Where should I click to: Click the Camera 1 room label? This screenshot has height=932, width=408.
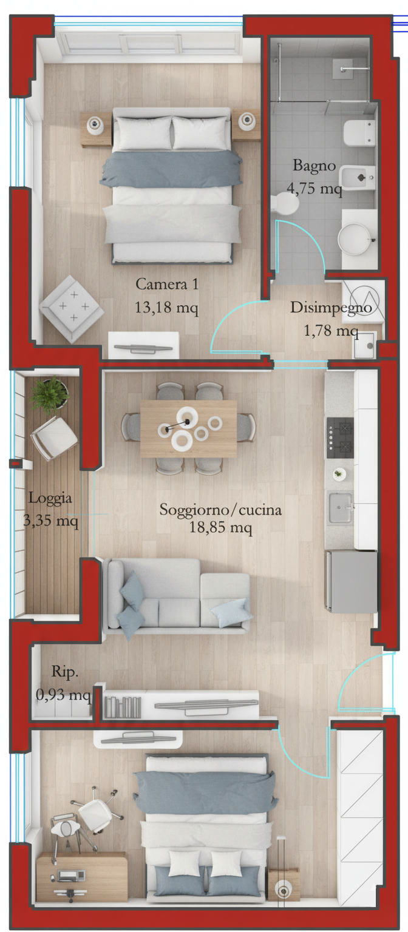[167, 284]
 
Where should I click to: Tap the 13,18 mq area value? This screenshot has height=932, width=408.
[166, 308]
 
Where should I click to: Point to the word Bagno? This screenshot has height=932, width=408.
[314, 166]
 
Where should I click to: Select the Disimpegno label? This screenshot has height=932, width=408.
[331, 308]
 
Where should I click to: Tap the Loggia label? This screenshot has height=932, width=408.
[50, 498]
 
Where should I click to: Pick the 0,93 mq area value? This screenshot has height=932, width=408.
[63, 694]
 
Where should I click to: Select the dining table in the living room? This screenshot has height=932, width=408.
[189, 428]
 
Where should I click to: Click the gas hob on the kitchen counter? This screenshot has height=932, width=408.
[340, 438]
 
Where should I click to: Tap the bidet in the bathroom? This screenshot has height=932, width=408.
[357, 178]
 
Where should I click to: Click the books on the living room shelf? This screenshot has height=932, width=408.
[123, 707]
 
